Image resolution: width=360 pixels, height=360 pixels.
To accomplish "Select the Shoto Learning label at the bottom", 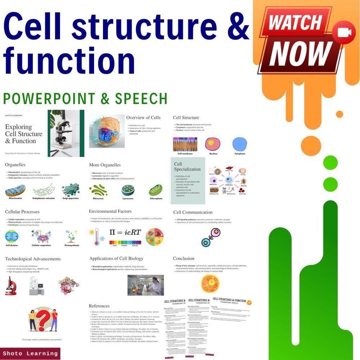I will pos(30,353).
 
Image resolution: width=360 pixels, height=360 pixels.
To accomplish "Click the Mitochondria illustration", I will pos(15,190).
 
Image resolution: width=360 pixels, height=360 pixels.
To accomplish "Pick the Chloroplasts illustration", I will pos(156,190).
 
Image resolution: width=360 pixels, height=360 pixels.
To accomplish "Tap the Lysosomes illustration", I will pos(128,190).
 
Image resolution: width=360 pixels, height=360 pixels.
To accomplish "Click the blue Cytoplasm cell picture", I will pos(240,144).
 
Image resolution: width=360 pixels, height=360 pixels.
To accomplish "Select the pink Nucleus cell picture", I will pos(212,144).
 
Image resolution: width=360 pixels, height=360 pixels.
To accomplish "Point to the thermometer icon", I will pos(96,237).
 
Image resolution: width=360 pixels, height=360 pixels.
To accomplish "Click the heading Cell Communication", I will pos(193,212).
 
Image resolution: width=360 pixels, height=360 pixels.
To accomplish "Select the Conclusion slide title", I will pos(183,258).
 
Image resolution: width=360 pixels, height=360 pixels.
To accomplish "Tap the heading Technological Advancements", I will pos(33,259).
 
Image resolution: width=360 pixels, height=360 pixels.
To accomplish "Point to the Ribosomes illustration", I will pos(98,190).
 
